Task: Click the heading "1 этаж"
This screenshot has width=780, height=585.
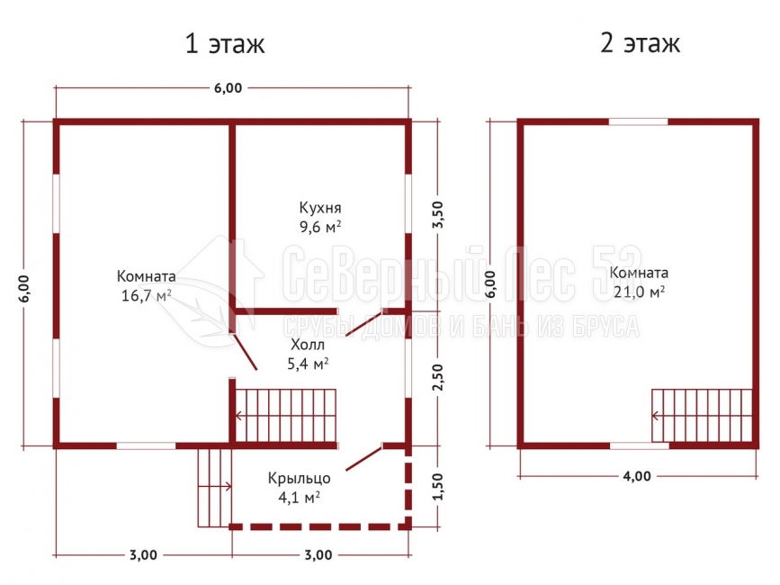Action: coord(225,44)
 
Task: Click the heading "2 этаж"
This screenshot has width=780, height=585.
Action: coord(640,43)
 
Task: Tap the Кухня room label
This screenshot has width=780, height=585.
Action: coord(320,208)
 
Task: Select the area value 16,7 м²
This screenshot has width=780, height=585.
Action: coord(147,295)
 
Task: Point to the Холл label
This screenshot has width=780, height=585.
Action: coord(308,345)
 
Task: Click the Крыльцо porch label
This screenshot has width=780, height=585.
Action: coord(299,479)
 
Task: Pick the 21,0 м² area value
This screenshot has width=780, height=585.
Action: coord(639,292)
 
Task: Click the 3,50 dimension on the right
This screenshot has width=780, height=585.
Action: coord(436,214)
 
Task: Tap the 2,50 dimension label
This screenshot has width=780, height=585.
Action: coord(436,377)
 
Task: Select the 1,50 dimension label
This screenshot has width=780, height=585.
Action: coord(436,487)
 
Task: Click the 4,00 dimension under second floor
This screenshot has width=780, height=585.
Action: coord(637,477)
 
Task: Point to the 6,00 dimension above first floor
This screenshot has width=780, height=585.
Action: coord(228,88)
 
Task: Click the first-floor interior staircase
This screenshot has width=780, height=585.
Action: coord(285,416)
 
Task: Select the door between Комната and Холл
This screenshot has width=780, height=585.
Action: coord(245,352)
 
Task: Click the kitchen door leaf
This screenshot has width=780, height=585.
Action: coord(363,323)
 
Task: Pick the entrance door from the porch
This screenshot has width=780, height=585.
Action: coord(363,458)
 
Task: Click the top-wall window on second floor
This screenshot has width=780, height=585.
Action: coord(638,121)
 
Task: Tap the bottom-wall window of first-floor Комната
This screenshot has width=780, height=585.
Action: coord(147,445)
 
